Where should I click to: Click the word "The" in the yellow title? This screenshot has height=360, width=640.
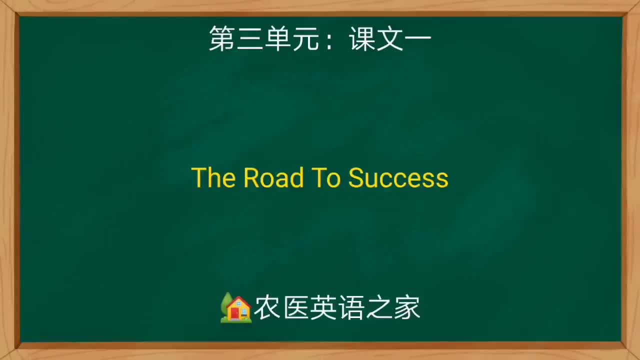pyautogui.click(x=213, y=178)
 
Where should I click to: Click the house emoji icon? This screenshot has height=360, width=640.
pyautogui.click(x=236, y=308)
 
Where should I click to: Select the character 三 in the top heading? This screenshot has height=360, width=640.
pyautogui.click(x=250, y=39)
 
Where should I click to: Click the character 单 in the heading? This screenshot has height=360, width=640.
pyautogui.click(x=277, y=39)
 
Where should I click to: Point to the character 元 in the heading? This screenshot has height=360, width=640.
pyautogui.click(x=305, y=39)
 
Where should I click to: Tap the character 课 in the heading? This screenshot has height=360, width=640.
pyautogui.click(x=362, y=39)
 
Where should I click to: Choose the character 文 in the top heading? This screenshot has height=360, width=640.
pyautogui.click(x=390, y=39)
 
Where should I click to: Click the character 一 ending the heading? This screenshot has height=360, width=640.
pyautogui.click(x=417, y=39)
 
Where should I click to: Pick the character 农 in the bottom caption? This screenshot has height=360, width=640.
pyautogui.click(x=267, y=308)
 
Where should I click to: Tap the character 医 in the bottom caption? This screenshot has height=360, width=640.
pyautogui.click(x=295, y=308)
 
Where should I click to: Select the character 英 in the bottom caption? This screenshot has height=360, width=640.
pyautogui.click(x=323, y=308)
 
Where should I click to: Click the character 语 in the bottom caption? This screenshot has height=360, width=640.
pyautogui.click(x=351, y=308)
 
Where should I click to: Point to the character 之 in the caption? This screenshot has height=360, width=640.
pyautogui.click(x=379, y=308)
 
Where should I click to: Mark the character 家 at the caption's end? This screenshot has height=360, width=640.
pyautogui.click(x=407, y=308)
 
